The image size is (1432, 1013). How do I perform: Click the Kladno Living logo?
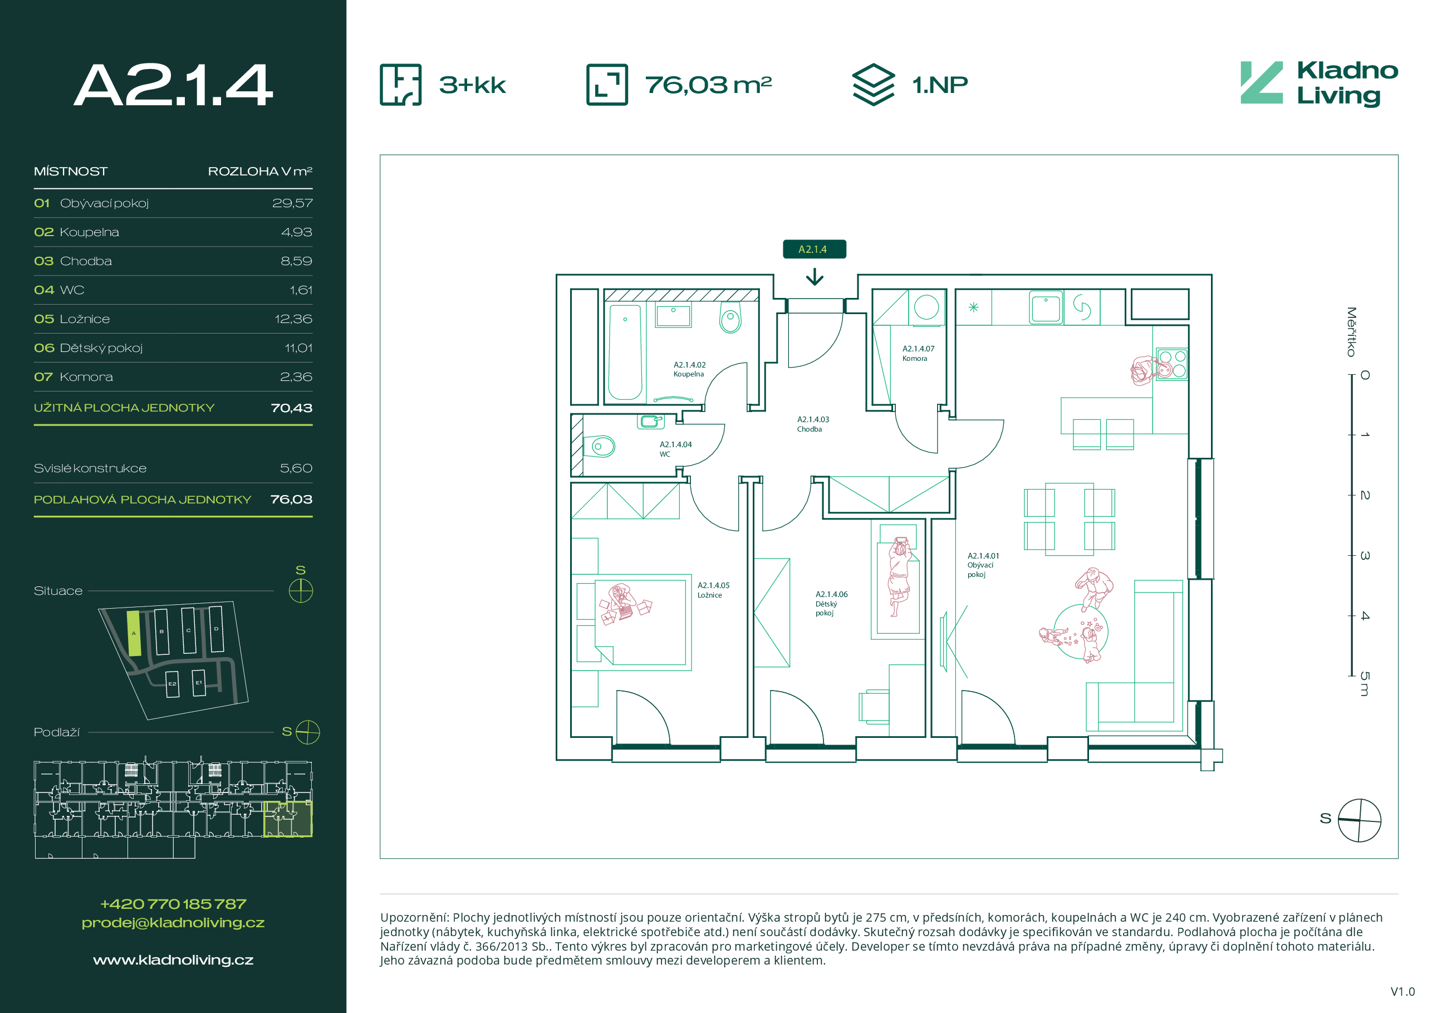click(x=1318, y=84)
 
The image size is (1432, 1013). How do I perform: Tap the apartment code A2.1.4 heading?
click(x=173, y=85)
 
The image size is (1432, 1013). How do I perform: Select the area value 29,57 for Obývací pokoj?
click(x=292, y=203)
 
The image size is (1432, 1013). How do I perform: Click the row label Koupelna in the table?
click(x=89, y=232)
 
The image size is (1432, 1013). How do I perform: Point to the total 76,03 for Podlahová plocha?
click(x=291, y=500)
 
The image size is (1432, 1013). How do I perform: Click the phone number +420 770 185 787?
click(x=173, y=904)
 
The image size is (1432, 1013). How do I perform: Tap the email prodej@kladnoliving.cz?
click(x=173, y=923)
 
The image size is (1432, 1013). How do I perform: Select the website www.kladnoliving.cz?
click(x=173, y=960)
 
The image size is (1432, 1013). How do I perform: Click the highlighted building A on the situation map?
click(x=134, y=633)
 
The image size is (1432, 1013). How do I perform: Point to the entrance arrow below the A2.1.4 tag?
click(x=815, y=277)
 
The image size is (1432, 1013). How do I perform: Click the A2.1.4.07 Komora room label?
click(x=918, y=354)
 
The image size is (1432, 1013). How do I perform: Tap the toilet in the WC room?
click(x=599, y=446)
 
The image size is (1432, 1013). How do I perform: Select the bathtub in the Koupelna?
click(x=625, y=352)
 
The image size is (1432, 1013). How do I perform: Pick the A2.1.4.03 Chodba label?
click(x=813, y=424)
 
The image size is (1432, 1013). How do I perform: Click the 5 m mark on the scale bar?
click(x=1365, y=684)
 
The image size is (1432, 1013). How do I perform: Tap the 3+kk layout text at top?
click(x=472, y=85)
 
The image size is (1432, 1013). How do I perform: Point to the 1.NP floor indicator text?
click(x=940, y=85)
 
